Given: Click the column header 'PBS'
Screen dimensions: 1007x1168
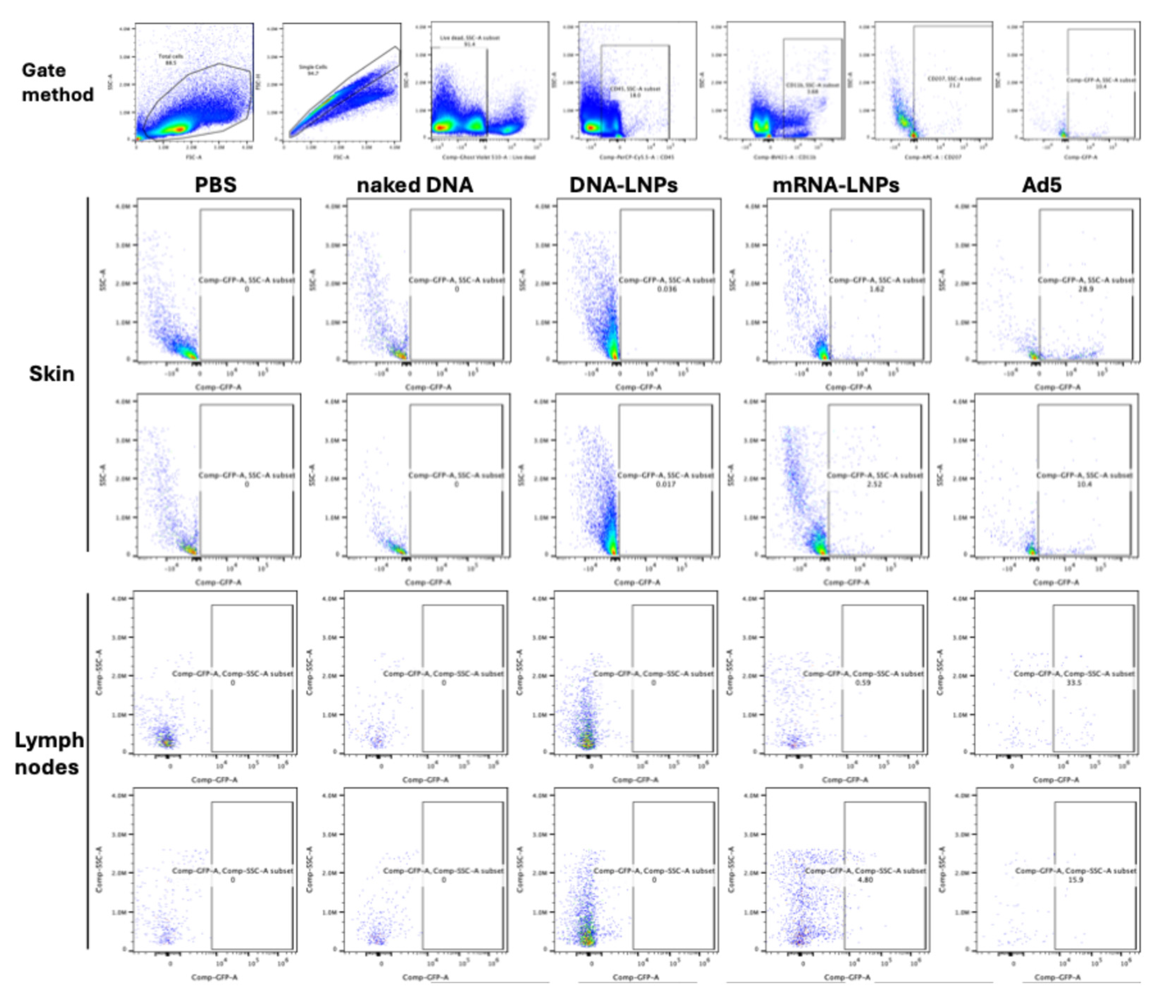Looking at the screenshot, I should (x=216, y=185).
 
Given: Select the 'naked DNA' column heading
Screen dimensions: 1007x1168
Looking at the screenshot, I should (x=415, y=185).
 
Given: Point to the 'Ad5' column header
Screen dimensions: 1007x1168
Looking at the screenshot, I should (x=1042, y=185).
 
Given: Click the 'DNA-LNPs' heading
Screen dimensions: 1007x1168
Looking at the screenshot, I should (x=624, y=185).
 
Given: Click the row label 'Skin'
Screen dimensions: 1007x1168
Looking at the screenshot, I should (x=51, y=374).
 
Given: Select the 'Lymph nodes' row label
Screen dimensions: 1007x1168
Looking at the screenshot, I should (x=49, y=754).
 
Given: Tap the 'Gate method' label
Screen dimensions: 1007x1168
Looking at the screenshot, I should (x=57, y=82).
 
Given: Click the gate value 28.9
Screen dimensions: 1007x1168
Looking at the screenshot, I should (x=1086, y=289).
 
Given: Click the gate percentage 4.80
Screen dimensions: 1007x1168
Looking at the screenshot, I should (x=865, y=879).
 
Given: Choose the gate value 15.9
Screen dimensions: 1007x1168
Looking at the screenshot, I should (x=1075, y=879).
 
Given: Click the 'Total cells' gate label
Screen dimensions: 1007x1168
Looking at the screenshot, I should (x=170, y=57).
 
